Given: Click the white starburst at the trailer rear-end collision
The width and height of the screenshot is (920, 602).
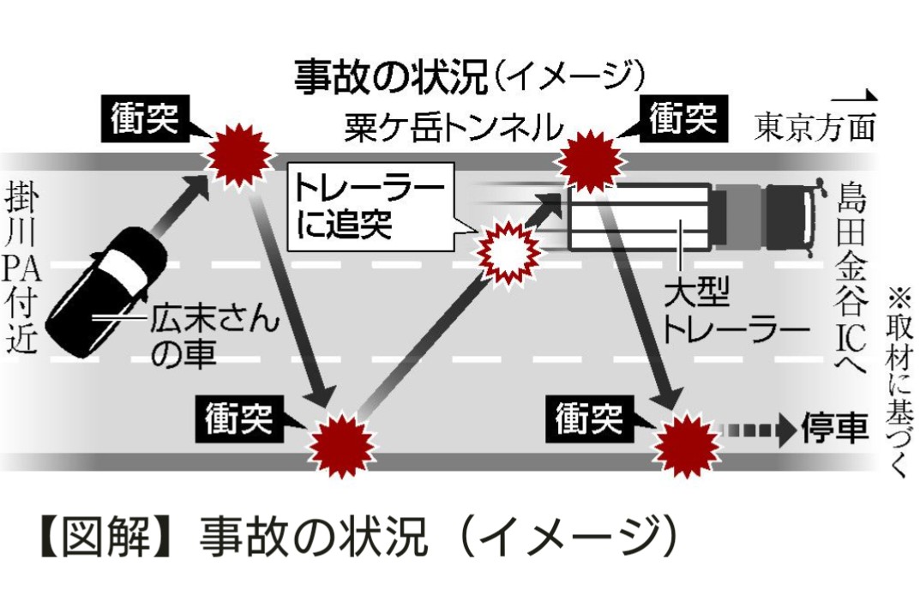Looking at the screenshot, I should (x=508, y=250).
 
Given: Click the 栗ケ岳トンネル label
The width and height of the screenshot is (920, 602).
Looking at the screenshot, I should (x=454, y=129).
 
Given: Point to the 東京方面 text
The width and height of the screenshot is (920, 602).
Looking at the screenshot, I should (x=815, y=128).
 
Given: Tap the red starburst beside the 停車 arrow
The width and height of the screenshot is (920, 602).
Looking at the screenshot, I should (x=686, y=444).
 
